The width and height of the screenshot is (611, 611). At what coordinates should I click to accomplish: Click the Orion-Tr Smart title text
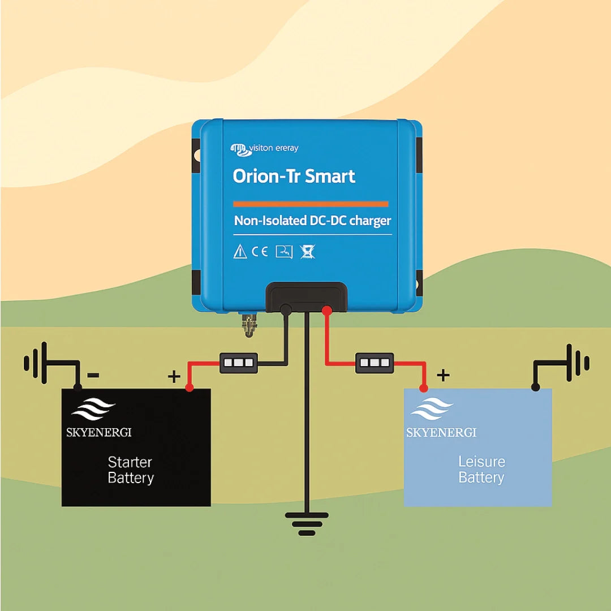coord(294,176)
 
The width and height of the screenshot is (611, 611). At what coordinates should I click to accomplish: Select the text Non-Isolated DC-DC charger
coord(312,221)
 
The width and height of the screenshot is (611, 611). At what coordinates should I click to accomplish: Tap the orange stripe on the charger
coord(311,204)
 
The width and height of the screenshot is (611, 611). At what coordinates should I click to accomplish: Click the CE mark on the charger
coord(260,252)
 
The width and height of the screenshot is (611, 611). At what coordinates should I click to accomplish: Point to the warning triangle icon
coord(240,252)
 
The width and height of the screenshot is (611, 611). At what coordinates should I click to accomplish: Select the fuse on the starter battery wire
coord(238,363)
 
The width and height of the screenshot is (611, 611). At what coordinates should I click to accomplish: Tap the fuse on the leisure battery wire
coord(375,363)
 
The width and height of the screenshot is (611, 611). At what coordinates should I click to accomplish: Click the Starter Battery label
coord(131,470)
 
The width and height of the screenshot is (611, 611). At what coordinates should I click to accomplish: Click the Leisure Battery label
coord(481,470)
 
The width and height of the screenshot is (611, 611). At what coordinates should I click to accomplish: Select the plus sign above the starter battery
coord(174,376)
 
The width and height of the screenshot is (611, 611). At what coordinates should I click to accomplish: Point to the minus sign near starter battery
coord(94,375)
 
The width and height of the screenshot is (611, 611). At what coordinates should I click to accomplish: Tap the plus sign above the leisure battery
coord(444,375)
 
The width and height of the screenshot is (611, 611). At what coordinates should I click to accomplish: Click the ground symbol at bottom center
coord(306,524)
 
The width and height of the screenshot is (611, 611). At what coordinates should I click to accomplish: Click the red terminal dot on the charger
coord(326,310)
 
